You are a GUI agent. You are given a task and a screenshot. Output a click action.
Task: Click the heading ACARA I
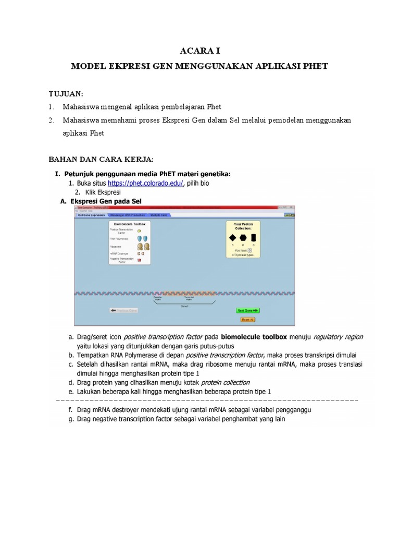tap(200, 51)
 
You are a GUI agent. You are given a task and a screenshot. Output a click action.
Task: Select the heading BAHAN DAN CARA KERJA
tap(101, 159)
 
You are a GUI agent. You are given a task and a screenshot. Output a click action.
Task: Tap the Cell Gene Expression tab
tap(91, 215)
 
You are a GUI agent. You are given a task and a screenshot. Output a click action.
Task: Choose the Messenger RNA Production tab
tap(128, 215)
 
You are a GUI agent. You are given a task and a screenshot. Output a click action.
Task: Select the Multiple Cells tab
tap(159, 215)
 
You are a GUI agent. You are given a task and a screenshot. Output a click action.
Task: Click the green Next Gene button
tap(247, 310)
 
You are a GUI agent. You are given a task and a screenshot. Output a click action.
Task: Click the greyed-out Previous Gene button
tap(123, 310)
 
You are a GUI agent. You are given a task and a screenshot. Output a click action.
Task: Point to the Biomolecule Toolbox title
tap(130, 223)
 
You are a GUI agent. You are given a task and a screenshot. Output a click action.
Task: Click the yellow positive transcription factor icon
tap(139, 230)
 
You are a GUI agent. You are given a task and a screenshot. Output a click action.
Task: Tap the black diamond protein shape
tap(232, 238)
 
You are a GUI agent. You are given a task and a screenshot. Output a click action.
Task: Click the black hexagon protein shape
tap(243, 238)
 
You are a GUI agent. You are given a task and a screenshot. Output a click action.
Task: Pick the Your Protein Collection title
tap(243, 226)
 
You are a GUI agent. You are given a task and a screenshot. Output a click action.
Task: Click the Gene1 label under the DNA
tap(184, 307)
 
